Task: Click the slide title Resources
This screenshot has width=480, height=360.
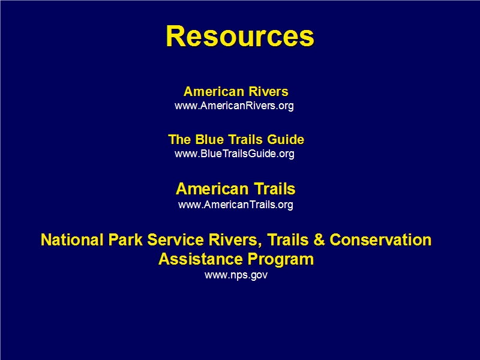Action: click(x=240, y=36)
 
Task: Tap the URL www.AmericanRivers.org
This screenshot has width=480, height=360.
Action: click(x=234, y=106)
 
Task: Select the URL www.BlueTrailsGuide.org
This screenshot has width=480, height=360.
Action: click(x=235, y=154)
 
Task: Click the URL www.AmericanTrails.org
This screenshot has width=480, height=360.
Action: click(x=236, y=205)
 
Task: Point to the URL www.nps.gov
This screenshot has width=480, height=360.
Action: click(x=236, y=275)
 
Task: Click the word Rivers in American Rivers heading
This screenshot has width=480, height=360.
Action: click(x=268, y=92)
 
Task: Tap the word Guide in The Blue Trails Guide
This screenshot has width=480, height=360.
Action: click(x=286, y=140)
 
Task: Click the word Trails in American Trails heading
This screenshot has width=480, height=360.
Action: click(x=275, y=189)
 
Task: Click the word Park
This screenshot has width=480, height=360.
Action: click(x=125, y=239)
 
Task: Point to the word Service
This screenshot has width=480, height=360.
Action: click(x=175, y=239)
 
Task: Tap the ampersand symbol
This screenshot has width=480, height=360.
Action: click(x=319, y=239)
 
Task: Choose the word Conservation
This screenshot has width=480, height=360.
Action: click(x=380, y=239)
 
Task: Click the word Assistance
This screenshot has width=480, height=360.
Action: click(x=201, y=259)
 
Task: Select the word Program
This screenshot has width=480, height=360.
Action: click(x=281, y=260)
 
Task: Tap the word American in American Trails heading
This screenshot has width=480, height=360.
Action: click(x=212, y=189)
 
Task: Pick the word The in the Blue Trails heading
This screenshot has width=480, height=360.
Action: click(x=179, y=139)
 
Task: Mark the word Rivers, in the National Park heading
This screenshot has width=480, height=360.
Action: click(x=235, y=240)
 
